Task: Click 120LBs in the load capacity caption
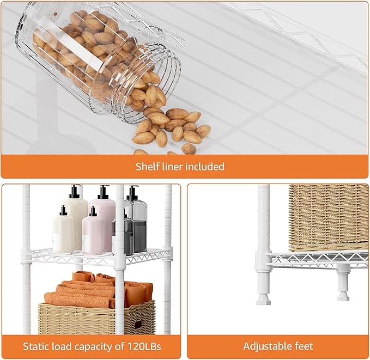(144, 346)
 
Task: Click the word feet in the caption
(304, 346)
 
